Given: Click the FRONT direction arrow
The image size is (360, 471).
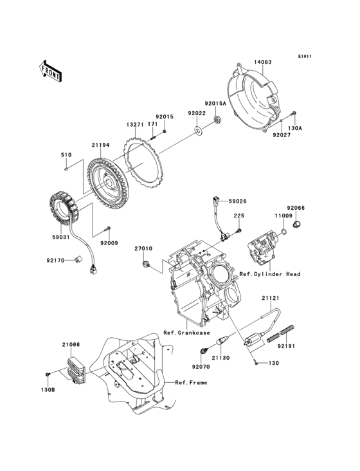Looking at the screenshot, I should pos(51,71).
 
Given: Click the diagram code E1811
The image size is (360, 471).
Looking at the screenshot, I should pos(304,56).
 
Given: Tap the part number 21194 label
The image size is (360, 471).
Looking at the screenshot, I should pos(100,146).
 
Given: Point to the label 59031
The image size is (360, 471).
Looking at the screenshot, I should pos(61,237).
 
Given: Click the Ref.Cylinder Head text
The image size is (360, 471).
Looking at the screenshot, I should pos(269,274).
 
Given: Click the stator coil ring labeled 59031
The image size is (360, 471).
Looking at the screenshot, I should pos(68,208).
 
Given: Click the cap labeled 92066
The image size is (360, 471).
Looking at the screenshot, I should pos(297,225).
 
